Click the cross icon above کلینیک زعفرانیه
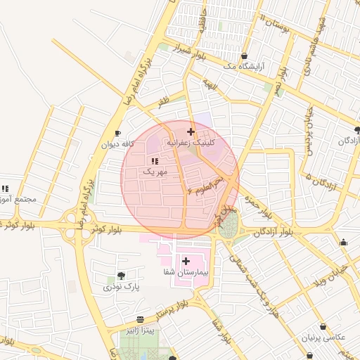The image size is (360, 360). pyautogui.click(x=191, y=131)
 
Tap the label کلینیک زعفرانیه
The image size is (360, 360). pyautogui.click(x=191, y=142)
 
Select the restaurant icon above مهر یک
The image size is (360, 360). pyautogui.click(x=155, y=161)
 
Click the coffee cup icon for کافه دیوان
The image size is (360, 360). pyautogui.click(x=117, y=134)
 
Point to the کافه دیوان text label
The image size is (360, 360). pyautogui.click(x=117, y=144)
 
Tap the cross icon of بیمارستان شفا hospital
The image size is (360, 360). pyautogui.click(x=186, y=261)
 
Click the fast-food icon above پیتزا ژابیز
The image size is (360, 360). pyautogui.click(x=141, y=319)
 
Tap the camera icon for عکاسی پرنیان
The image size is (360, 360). pyautogui.click(x=323, y=327)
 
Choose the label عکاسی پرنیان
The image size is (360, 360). pyautogui.click(x=325, y=337)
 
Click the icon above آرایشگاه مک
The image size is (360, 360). pyautogui.click(x=244, y=56)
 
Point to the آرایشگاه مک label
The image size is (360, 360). pyautogui.click(x=242, y=65)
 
